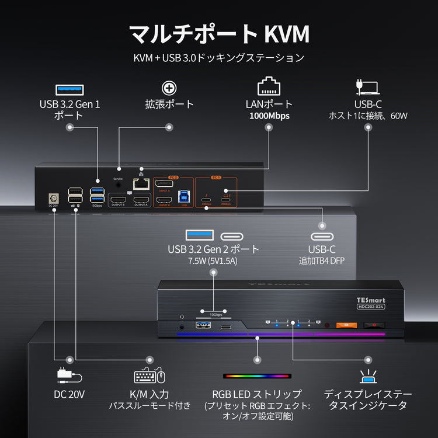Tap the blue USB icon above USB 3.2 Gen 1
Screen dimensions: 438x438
point(68,89)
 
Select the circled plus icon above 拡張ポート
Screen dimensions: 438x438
point(169,88)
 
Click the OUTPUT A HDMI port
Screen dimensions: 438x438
point(141,200)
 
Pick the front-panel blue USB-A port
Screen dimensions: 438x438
point(206,326)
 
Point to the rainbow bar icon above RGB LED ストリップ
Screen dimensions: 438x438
point(257,377)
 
